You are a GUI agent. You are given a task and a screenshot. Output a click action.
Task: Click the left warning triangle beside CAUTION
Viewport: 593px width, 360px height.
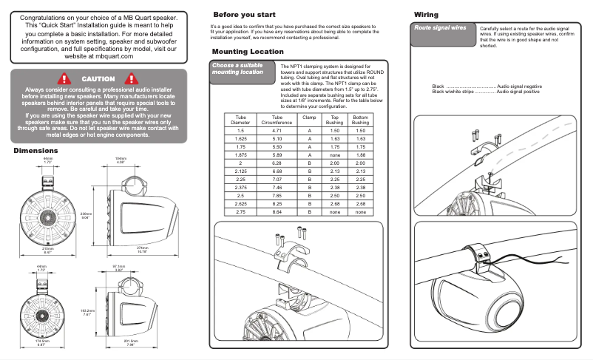64,78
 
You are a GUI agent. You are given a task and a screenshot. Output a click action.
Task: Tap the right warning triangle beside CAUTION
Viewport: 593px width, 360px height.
133,78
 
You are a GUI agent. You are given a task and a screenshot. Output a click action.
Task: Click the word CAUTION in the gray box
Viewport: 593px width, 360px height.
98,79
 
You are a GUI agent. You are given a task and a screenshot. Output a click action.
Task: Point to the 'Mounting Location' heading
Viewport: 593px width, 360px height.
247,52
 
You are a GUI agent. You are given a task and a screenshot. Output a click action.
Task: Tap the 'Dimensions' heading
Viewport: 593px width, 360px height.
35,151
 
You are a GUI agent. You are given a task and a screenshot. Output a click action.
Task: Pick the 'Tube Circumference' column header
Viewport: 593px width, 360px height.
277,120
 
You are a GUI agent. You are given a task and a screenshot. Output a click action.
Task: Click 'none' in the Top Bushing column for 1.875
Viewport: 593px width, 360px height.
334,155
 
